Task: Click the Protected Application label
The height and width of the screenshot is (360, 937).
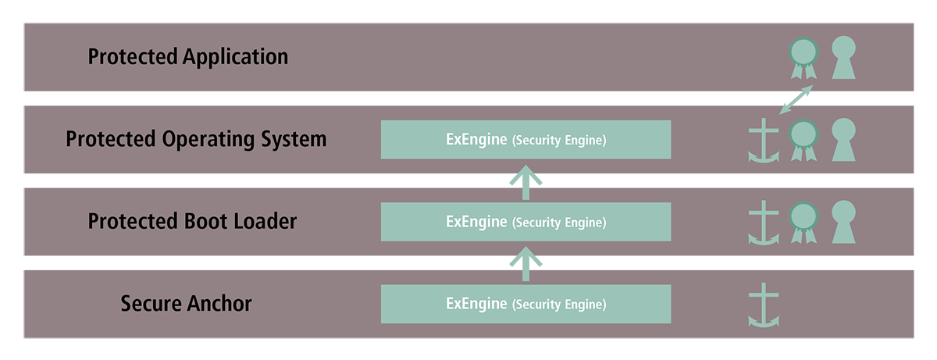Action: (x=188, y=57)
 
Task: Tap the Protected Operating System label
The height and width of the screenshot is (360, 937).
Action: (x=196, y=139)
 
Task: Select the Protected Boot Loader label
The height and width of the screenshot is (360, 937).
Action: (x=192, y=221)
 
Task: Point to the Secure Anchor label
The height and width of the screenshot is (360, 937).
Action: (x=186, y=303)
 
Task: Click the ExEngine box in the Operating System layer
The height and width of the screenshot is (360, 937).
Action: (x=526, y=140)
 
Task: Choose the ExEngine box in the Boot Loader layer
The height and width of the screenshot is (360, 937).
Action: (x=526, y=222)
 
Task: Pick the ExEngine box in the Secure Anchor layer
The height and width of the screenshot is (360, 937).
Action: (x=526, y=304)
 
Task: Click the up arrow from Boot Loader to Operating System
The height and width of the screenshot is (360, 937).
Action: (x=526, y=183)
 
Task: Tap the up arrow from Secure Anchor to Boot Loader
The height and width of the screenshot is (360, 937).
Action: (x=526, y=264)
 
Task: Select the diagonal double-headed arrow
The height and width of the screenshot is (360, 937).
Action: (x=796, y=99)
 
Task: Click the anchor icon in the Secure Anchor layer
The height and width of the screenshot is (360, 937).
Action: (x=764, y=305)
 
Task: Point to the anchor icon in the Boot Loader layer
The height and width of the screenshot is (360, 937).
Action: (x=764, y=223)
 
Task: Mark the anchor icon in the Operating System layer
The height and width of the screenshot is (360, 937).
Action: (x=764, y=140)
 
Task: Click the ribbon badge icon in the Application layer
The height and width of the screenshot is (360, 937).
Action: (x=803, y=58)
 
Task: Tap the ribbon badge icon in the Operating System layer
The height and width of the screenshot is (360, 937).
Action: (x=803, y=140)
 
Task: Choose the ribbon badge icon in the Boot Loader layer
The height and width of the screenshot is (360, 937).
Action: (x=803, y=223)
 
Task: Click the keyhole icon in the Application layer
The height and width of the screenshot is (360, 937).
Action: (x=843, y=57)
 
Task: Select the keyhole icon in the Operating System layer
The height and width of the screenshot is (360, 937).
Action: (x=843, y=140)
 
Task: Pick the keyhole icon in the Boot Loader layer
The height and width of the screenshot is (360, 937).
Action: (x=843, y=222)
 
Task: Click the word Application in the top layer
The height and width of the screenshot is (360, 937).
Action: (x=236, y=57)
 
